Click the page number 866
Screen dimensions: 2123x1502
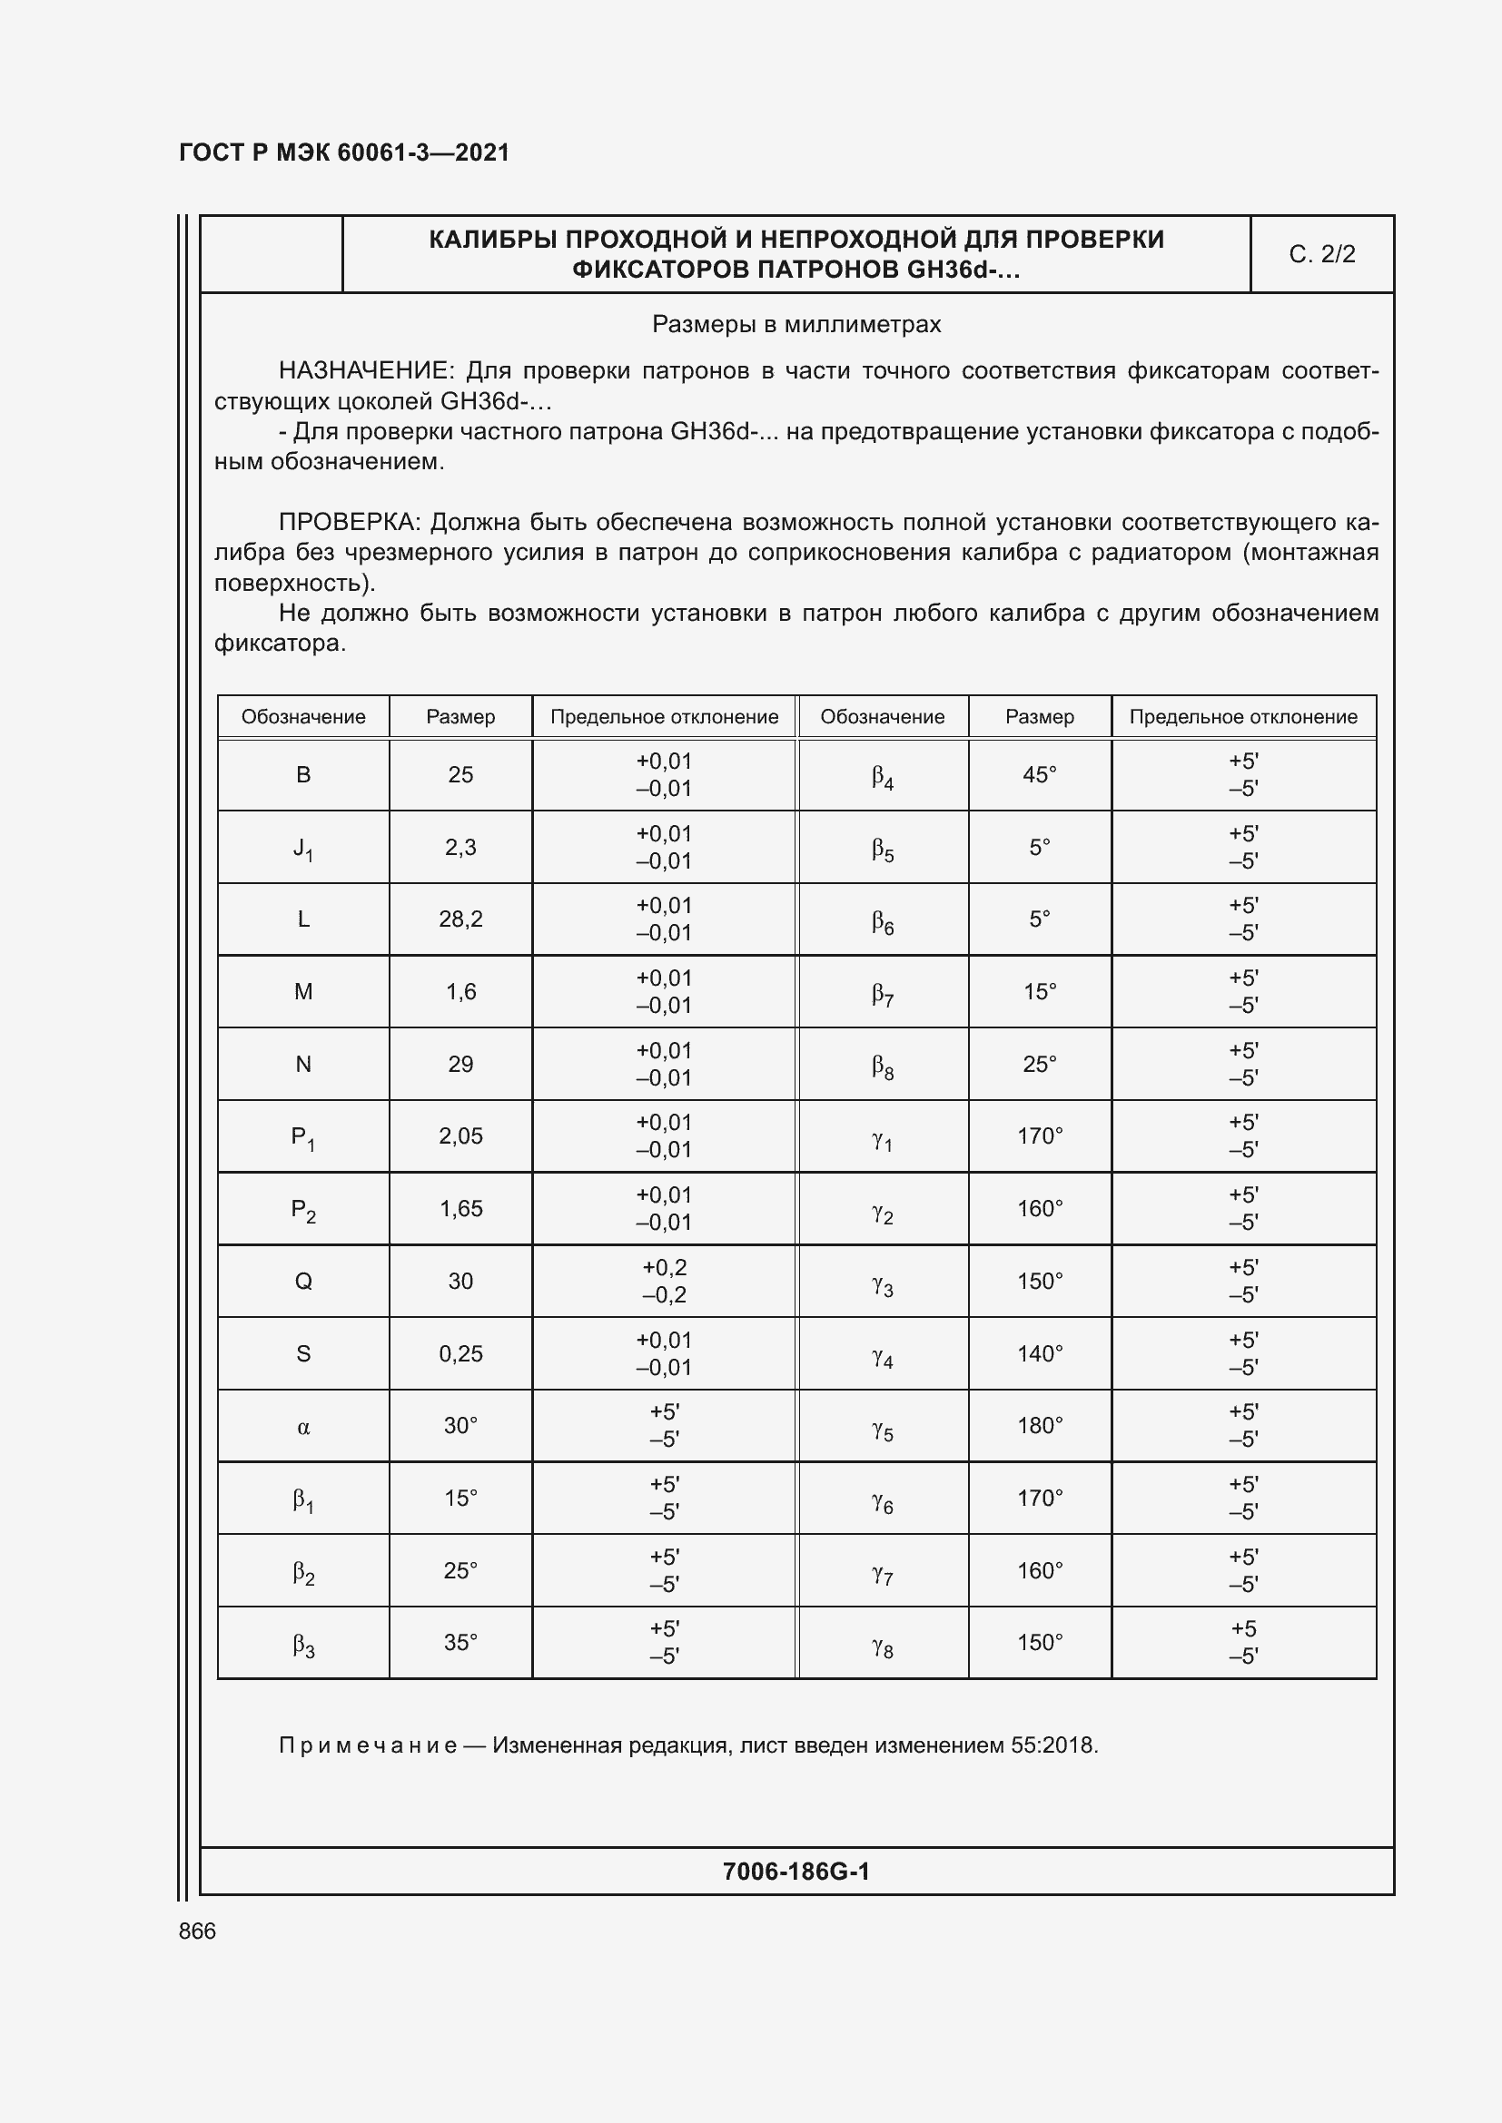[197, 1931]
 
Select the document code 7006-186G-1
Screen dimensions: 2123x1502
[795, 1872]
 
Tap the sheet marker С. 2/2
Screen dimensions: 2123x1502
[1321, 254]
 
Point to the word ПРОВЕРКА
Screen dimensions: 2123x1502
[350, 523]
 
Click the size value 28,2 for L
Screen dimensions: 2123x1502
[460, 919]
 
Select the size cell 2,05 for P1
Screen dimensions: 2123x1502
[460, 1135]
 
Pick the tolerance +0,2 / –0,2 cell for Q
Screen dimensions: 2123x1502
[664, 1281]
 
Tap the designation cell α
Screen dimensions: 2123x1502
[303, 1426]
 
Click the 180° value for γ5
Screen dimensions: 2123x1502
[1040, 1426]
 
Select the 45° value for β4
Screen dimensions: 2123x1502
[1040, 775]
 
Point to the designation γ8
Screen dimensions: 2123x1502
[883, 1643]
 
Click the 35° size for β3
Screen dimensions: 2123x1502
[460, 1643]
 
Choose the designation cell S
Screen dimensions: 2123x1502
[303, 1353]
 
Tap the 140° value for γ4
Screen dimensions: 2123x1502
[1040, 1353]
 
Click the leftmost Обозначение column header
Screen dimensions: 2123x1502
[303, 717]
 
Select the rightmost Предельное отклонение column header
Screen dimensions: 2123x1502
[1243, 717]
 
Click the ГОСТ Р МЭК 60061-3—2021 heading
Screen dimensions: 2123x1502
[344, 152]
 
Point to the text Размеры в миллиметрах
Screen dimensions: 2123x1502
[796, 325]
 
